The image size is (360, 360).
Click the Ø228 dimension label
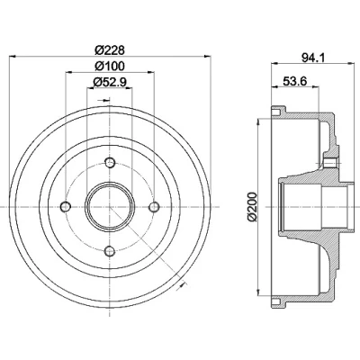[110, 49]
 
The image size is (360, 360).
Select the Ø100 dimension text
[110, 66]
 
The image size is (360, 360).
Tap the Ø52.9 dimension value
[110, 82]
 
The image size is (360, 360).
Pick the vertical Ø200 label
[253, 207]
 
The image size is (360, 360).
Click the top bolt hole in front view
[110, 163]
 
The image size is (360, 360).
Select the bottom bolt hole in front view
[110, 251]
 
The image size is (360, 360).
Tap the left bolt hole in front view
[66, 207]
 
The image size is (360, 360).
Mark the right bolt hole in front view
[154, 207]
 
